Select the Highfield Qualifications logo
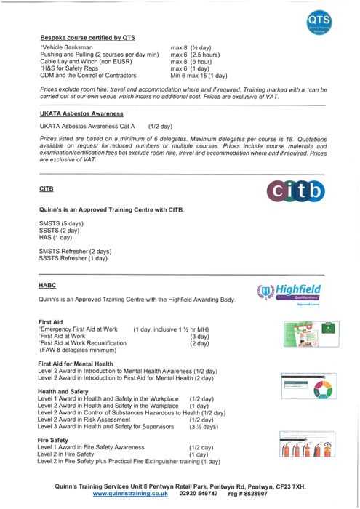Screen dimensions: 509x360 [291, 294]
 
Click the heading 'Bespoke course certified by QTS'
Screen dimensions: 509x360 [88, 36]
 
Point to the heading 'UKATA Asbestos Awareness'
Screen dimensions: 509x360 [81, 114]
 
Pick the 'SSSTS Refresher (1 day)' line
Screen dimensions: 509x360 [73, 258]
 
